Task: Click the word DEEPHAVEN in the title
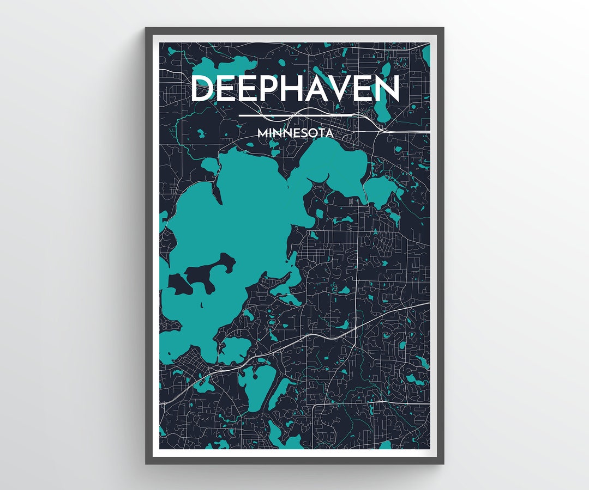tap(295, 89)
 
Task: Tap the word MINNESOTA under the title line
tap(295, 132)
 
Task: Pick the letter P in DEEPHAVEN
tap(272, 89)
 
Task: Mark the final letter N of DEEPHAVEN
tap(388, 89)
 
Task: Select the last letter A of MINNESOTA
tap(329, 132)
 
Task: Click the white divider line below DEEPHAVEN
tap(295, 115)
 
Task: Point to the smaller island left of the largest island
tap(179, 283)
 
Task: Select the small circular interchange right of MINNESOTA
tap(380, 127)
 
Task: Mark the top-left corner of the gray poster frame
tap(146, 28)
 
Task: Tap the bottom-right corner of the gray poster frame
tap(443, 463)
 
